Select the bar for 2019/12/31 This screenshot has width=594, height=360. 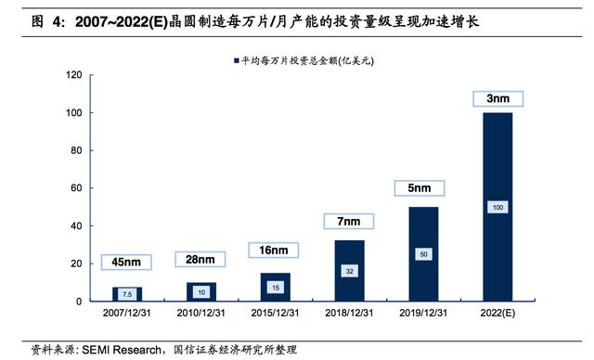coord(423,253)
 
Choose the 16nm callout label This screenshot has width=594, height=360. coord(274,250)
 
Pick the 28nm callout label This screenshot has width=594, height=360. coord(199,259)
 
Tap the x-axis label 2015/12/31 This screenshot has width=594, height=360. coord(274,315)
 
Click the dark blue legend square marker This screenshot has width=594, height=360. coord(226,61)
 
